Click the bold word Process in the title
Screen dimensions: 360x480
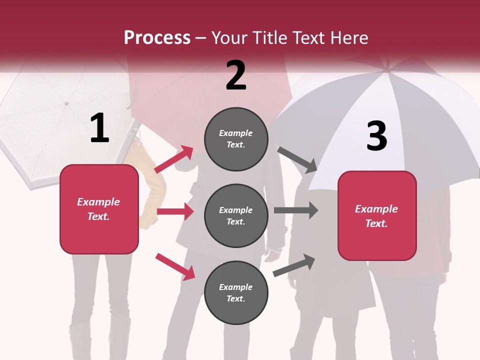[x=157, y=37]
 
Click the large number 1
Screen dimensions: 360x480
[x=99, y=128]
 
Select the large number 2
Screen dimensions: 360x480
[x=236, y=75]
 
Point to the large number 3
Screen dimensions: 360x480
[x=376, y=136]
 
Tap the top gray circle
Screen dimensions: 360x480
[x=236, y=138]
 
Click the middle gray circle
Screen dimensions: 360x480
[x=236, y=215]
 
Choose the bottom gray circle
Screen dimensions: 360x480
[x=236, y=292]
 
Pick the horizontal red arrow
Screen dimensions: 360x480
[x=175, y=211]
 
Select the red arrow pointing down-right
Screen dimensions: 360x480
[x=175, y=266]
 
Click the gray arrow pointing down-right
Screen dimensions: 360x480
[x=298, y=159]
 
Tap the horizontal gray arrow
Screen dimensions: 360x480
[x=296, y=210]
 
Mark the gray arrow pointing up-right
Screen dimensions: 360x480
[x=294, y=264]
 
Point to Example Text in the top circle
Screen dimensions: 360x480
[x=236, y=138]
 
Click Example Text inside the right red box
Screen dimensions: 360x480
[x=376, y=216]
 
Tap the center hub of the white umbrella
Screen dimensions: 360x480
[x=66, y=103]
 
